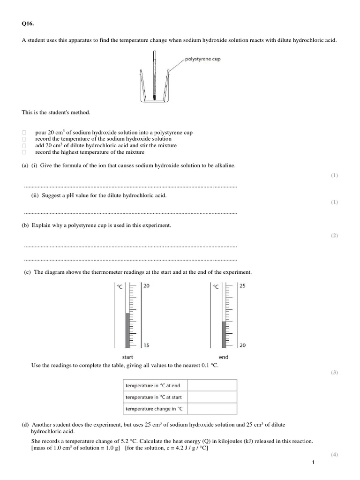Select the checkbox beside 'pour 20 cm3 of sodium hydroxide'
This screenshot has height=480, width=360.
coord(24,133)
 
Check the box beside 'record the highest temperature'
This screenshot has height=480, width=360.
coord(24,152)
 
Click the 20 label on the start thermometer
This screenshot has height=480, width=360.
coord(146,285)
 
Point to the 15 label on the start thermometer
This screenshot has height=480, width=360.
coord(146,345)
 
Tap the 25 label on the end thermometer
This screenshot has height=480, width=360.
coord(242,285)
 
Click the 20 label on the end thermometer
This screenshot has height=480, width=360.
coord(242,345)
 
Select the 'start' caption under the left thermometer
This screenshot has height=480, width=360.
coord(127,357)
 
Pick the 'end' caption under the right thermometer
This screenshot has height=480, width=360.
coord(224,357)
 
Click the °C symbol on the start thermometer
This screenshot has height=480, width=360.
coord(120,286)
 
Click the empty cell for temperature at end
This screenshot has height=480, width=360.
coord(213,385)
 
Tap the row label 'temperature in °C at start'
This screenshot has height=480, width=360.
coord(153,397)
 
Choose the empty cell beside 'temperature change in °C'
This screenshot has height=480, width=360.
coord(213,409)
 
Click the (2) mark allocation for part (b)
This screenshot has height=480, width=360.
coord(334,236)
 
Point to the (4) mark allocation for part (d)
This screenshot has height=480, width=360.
coord(334,455)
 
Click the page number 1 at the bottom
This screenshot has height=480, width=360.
coord(313,463)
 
